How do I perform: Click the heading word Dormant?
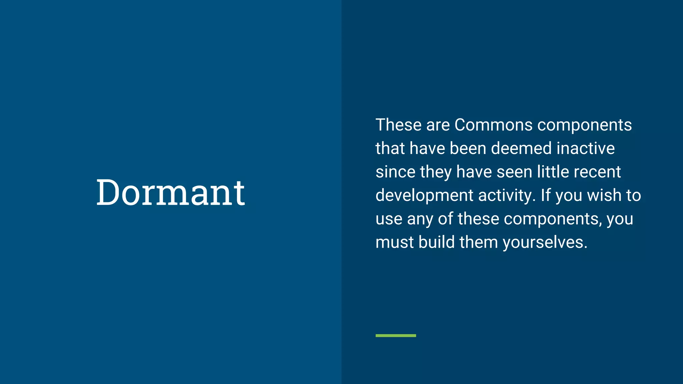click(170, 192)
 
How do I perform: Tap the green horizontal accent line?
click(396, 335)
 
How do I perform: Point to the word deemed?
click(521, 148)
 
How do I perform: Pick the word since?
click(395, 172)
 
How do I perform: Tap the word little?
click(553, 172)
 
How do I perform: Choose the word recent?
click(597, 172)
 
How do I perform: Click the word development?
click(424, 196)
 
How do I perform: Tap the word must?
click(395, 242)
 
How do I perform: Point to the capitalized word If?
click(546, 195)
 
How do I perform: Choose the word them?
click(479, 242)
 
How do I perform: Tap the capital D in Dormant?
click(108, 192)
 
